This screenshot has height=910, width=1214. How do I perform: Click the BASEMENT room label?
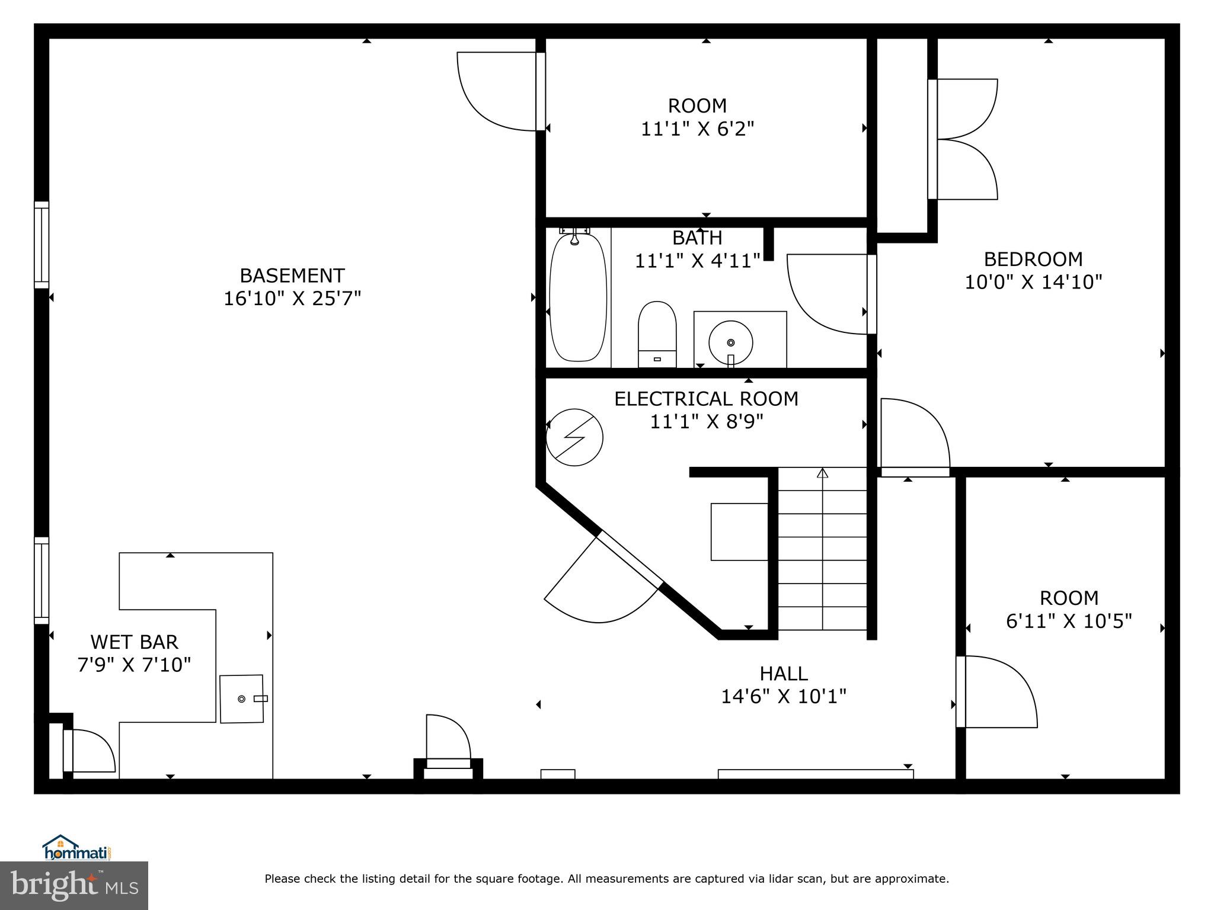click(x=292, y=275)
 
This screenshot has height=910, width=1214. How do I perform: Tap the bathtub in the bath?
click(x=578, y=297)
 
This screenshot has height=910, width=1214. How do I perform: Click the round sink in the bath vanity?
click(x=730, y=342)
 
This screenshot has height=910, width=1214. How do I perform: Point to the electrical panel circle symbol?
click(x=574, y=437)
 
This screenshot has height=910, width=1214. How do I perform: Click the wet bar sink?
click(x=242, y=698)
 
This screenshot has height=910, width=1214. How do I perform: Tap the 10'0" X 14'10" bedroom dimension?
click(x=1033, y=282)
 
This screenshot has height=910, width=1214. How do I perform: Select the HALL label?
click(x=783, y=674)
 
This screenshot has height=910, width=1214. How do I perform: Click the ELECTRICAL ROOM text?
click(x=706, y=399)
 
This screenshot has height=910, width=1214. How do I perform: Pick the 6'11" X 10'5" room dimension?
click(x=1069, y=621)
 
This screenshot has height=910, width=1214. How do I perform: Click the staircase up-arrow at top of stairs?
click(x=822, y=473)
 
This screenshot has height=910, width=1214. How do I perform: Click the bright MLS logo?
click(x=74, y=885)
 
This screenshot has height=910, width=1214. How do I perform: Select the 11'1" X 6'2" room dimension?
click(x=697, y=129)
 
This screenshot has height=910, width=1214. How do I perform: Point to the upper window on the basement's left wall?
click(x=41, y=245)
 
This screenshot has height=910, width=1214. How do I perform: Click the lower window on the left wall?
click(x=41, y=580)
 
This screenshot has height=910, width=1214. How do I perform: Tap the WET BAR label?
click(x=134, y=642)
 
